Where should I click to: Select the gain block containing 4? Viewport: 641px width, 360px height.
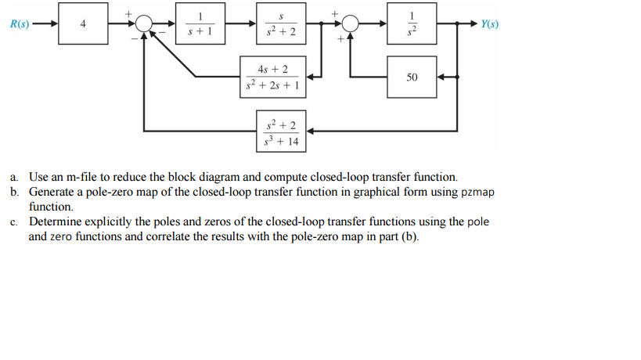coord(83,23)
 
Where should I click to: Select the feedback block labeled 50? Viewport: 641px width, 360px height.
coord(412,77)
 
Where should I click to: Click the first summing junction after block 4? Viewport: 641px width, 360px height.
coord(142,24)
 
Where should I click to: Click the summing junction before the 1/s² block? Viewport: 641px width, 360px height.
coord(350,24)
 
